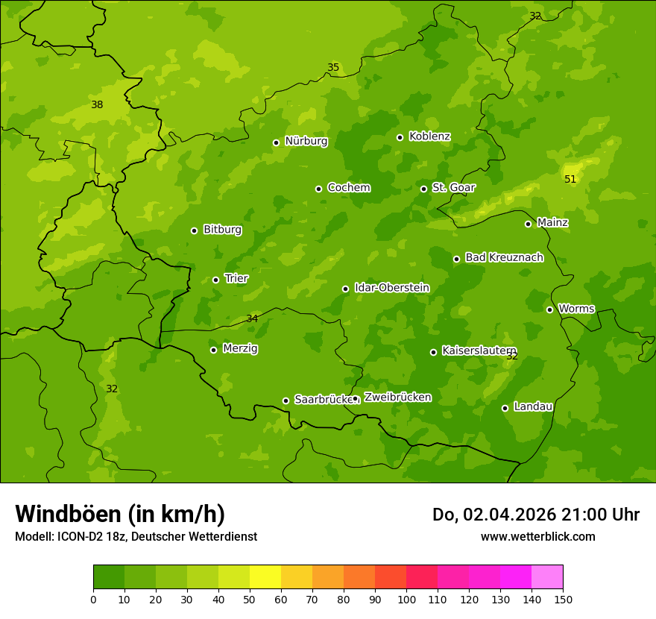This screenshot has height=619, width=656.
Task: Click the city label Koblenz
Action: pyautogui.click(x=429, y=136)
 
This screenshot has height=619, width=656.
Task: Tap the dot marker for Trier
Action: pyautogui.click(x=216, y=280)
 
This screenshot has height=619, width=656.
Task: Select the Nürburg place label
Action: pyautogui.click(x=306, y=141)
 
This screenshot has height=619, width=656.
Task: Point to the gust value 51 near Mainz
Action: pyautogui.click(x=570, y=179)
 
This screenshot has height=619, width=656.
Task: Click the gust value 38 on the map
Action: pyautogui.click(x=97, y=105)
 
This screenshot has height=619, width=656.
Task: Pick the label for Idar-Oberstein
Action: pyautogui.click(x=391, y=288)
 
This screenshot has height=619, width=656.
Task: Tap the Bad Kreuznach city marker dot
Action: pyautogui.click(x=457, y=259)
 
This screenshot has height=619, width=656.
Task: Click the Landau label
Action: pyautogui.click(x=533, y=406)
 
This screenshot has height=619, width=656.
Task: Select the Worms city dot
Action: pyautogui.click(x=550, y=309)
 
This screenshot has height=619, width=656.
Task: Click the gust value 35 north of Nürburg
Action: pyautogui.click(x=333, y=68)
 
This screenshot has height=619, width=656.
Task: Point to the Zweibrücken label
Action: pyautogui.click(x=397, y=398)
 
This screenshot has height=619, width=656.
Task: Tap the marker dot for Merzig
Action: pyautogui.click(x=214, y=350)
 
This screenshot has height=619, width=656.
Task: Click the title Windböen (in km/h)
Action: pyautogui.click(x=120, y=514)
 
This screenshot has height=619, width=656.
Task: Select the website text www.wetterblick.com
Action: pyautogui.click(x=537, y=536)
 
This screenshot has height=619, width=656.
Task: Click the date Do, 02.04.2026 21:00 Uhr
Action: pyautogui.click(x=536, y=515)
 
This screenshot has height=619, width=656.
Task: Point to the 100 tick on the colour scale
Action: pyautogui.click(x=406, y=599)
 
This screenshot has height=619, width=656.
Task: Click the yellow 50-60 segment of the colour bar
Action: pyautogui.click(x=265, y=577)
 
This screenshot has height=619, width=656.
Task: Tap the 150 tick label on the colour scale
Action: pyautogui.click(x=563, y=599)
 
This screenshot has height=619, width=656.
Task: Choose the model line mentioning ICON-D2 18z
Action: pyautogui.click(x=136, y=536)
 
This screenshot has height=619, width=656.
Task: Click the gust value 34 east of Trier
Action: pyautogui.click(x=252, y=319)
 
